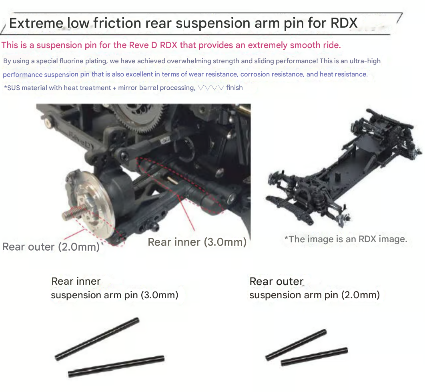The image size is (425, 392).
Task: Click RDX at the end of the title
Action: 344,23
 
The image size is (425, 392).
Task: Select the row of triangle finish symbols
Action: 210,88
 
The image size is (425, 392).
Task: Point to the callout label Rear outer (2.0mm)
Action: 51,247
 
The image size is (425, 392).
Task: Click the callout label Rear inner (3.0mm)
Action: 197,242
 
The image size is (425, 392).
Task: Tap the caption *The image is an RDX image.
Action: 345,239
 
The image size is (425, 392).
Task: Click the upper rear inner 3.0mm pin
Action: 97,339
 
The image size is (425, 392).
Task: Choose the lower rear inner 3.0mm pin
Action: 116,366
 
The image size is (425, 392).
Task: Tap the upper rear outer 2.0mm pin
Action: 296,344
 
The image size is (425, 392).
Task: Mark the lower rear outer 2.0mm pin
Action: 314,357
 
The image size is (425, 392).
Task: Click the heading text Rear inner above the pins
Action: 76,281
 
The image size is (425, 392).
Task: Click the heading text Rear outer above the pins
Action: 277,281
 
